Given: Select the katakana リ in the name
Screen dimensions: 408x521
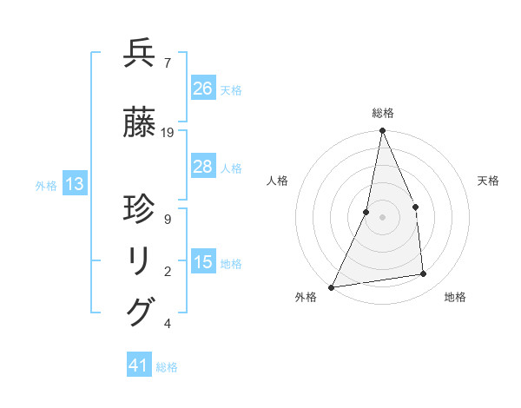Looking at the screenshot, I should (139, 261).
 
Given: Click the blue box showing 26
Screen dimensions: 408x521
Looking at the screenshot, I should (203, 88).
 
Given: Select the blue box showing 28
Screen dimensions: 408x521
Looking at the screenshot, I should (203, 167).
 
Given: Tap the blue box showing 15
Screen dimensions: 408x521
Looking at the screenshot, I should (203, 262).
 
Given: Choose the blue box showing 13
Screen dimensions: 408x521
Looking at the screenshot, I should (74, 184).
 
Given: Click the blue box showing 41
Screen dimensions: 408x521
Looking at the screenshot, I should (139, 365).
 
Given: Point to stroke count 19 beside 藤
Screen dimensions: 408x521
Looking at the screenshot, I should (168, 133).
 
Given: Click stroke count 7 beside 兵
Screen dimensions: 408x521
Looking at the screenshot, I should (167, 63).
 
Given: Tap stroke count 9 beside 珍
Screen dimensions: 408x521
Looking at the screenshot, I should (167, 219).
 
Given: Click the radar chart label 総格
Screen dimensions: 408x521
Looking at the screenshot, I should (382, 113).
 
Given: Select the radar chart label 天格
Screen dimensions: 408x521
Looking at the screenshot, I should (489, 181).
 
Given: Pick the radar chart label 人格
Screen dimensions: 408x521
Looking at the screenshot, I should (278, 181).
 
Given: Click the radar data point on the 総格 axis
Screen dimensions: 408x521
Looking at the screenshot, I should (382, 131).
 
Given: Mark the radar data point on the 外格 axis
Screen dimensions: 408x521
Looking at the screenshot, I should (331, 286).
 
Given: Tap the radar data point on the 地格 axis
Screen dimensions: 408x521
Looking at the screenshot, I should (424, 274).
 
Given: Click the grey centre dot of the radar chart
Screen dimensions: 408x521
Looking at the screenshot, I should (382, 217).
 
